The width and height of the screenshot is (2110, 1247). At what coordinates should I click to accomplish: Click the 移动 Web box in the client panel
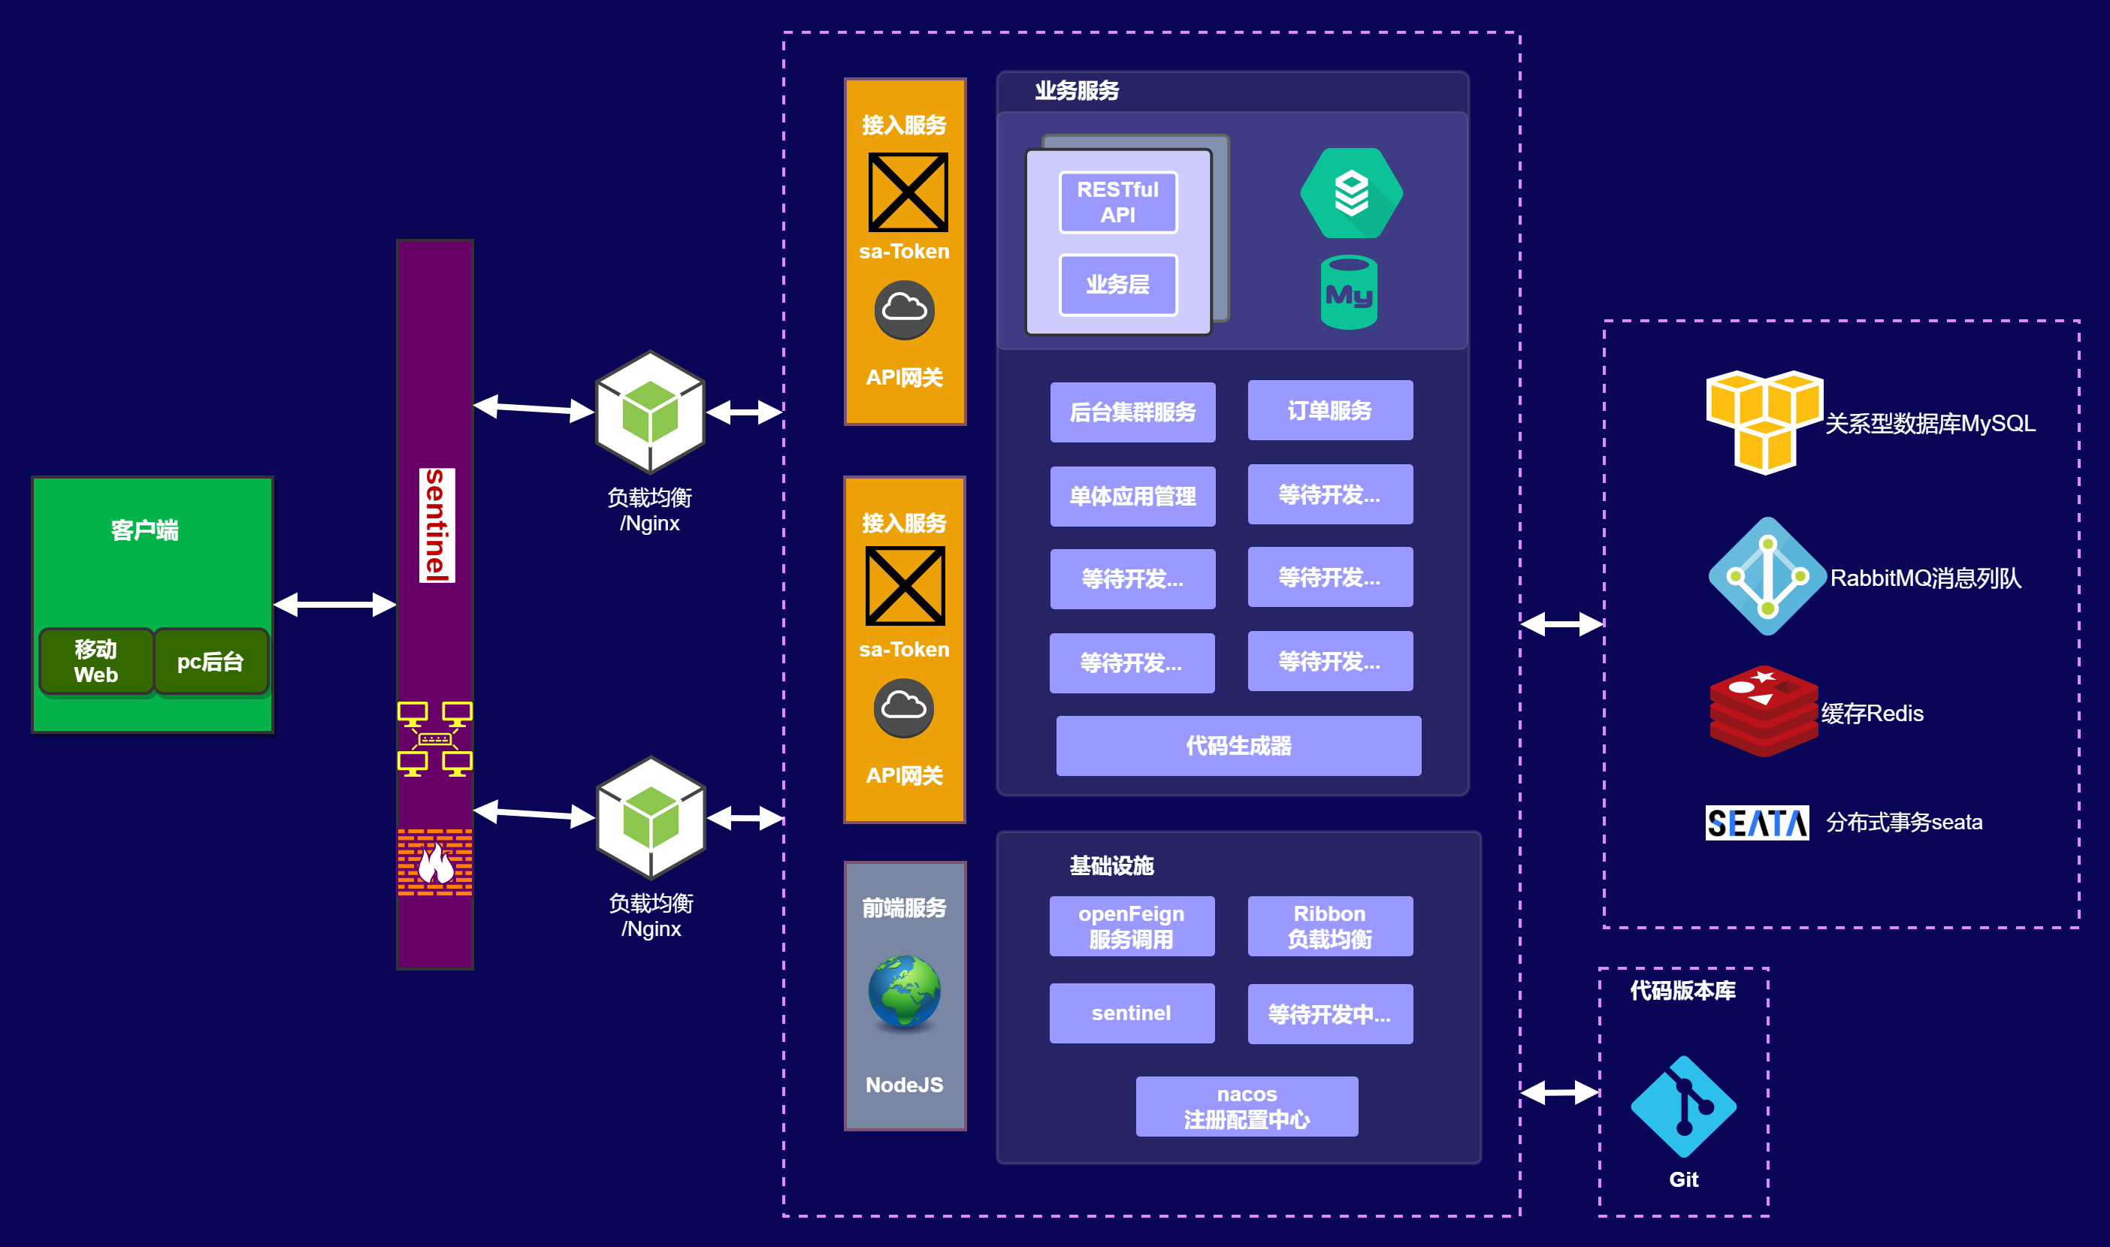tap(95, 661)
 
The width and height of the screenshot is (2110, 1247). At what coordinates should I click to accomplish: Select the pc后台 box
tap(210, 661)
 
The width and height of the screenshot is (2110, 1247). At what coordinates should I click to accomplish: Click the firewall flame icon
tap(435, 862)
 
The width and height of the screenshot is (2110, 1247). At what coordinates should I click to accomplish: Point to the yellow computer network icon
tap(434, 738)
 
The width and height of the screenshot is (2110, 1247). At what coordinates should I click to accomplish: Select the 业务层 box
tap(1117, 285)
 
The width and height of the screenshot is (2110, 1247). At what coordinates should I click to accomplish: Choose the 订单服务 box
tap(1329, 410)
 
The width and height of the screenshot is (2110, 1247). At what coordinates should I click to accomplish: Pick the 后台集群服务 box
tap(1132, 412)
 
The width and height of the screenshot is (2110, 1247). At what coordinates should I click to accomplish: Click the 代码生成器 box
tap(1238, 745)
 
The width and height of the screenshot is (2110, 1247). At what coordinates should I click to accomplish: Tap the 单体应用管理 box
tap(1132, 496)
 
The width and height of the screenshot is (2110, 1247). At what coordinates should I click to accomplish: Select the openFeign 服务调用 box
tap(1131, 926)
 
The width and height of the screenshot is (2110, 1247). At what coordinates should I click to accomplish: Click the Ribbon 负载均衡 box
tap(1329, 926)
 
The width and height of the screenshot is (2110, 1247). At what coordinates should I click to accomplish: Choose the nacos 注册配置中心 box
tap(1246, 1106)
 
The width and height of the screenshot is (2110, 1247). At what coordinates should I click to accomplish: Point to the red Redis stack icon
tap(1763, 711)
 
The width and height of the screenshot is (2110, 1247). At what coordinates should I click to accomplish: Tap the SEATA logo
tap(1756, 823)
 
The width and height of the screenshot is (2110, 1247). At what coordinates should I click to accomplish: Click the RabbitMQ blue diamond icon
tap(1767, 576)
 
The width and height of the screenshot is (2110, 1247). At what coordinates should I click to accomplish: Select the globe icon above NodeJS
tap(904, 992)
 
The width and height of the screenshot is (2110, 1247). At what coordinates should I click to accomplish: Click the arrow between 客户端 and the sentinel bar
tap(334, 604)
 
